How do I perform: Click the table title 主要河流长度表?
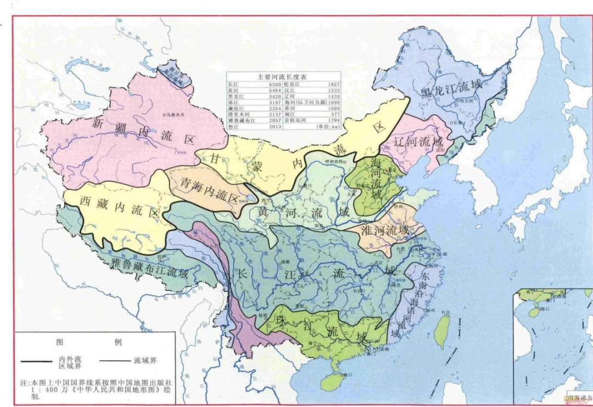283,77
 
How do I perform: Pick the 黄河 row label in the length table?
234,90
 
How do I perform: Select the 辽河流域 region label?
419,142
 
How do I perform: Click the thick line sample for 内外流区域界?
38,362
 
